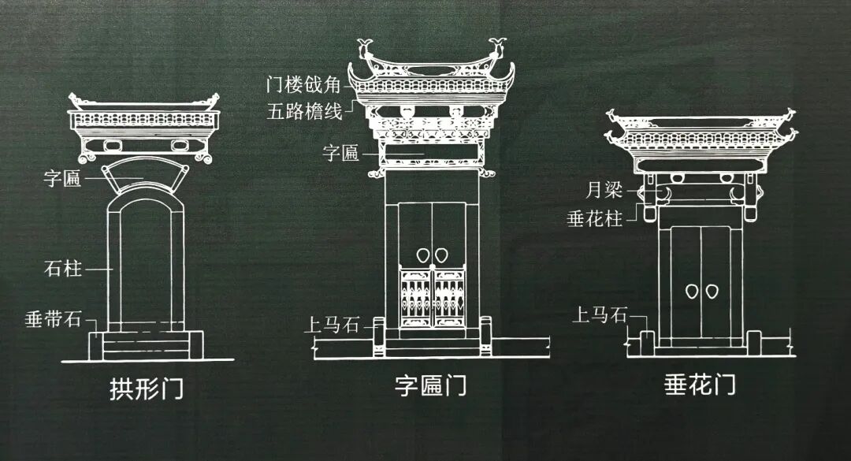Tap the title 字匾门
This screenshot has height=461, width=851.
431,386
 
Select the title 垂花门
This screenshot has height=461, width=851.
700,385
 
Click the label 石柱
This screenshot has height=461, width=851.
63,269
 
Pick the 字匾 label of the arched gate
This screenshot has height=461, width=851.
62,179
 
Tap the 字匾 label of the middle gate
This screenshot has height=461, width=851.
340,153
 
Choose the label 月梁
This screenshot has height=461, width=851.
604,190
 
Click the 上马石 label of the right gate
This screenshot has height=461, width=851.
600,316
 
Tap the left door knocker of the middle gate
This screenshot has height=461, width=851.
422,256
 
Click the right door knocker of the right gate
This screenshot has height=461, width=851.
713,291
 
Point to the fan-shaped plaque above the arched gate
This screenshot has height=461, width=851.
149,177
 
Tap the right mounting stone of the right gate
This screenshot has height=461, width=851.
754,341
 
